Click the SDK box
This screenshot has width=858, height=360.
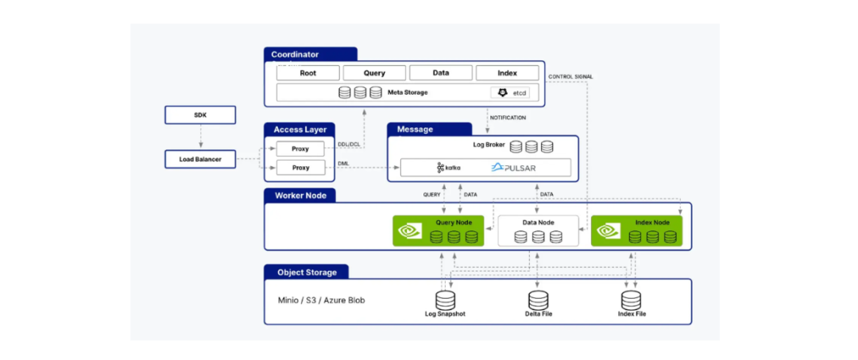[200, 115]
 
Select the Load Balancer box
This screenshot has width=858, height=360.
[200, 159]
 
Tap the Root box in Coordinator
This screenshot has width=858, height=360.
[308, 73]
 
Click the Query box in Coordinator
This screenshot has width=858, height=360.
[374, 73]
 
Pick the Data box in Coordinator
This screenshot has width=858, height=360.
[441, 73]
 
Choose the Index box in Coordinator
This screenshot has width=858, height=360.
[507, 73]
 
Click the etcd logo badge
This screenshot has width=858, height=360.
[510, 93]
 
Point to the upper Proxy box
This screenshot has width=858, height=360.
[300, 149]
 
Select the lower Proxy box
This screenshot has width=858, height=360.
[300, 168]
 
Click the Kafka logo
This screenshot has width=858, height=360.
[449, 168]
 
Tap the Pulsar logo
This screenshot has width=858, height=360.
[513, 168]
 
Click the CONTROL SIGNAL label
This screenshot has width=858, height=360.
[570, 76]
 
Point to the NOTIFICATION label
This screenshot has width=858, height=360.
[508, 118]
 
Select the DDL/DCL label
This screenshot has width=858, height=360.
[349, 144]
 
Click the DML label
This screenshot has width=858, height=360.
[344, 163]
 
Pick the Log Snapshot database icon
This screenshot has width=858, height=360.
[445, 300]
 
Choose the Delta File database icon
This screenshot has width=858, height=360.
[537, 300]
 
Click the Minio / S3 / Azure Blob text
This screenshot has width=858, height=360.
[321, 300]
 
